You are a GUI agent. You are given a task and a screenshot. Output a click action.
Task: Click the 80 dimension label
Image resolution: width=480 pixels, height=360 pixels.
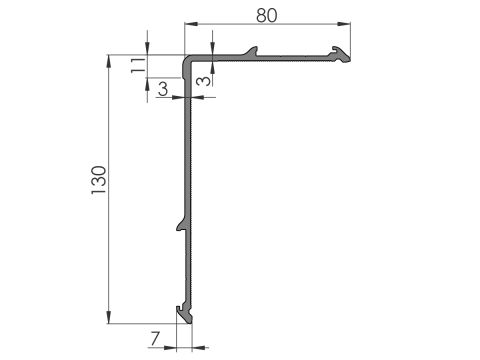tap(267, 15)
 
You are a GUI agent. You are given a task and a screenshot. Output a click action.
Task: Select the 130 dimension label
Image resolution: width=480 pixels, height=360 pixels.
tap(99, 180)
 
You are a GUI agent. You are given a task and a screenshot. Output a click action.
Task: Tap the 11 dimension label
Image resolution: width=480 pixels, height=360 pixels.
tap(138, 65)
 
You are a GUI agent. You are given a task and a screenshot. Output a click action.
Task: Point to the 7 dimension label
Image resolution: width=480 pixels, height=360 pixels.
tap(155, 339)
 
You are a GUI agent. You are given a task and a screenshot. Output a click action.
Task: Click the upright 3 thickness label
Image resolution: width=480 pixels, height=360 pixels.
tap(163, 89)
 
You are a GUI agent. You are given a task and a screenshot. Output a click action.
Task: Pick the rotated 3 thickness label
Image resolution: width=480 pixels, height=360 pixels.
tap(204, 81)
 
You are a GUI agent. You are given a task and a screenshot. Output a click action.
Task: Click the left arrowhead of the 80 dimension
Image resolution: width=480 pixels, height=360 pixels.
tap(191, 24)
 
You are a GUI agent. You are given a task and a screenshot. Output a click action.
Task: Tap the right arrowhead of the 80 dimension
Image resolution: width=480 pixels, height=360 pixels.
tap(344, 24)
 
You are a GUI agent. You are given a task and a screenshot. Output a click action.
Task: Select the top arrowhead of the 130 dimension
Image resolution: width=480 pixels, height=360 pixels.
tap(109, 61)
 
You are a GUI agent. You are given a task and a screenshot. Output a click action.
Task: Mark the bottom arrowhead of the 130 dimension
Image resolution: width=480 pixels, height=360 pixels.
tap(109, 317)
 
